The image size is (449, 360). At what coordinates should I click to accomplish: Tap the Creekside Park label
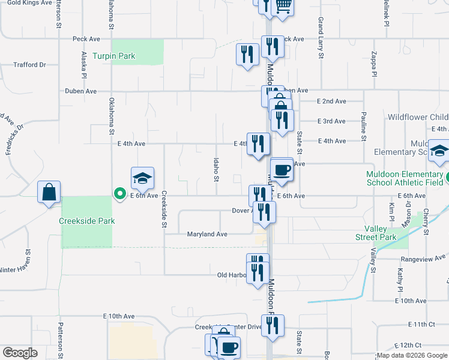(x=86, y=221)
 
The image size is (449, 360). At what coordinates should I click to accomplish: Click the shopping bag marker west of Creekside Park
(x=49, y=192)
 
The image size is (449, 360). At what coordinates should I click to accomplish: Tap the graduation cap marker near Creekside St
(x=143, y=178)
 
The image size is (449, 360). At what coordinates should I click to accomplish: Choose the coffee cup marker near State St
(x=282, y=170)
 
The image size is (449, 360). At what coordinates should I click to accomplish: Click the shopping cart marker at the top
(x=282, y=6)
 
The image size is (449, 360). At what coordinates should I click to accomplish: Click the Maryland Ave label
(x=207, y=234)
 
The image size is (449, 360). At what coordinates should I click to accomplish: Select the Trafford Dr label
(x=29, y=65)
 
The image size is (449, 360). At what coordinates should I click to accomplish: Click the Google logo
(x=20, y=353)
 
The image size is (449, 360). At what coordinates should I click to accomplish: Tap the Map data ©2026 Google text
(x=411, y=355)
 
